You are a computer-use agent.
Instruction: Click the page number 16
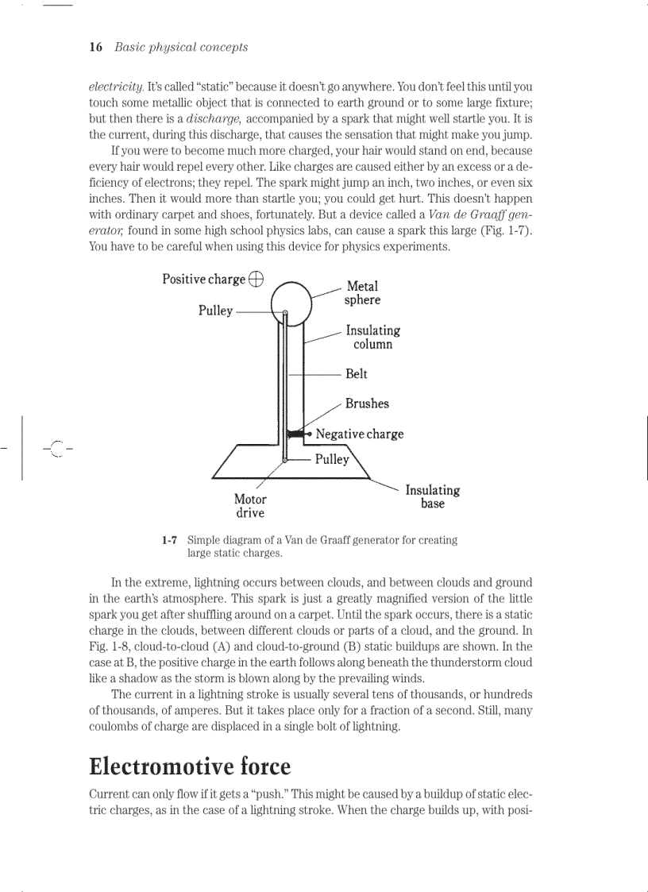click(x=95, y=48)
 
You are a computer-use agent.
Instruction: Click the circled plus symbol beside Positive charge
click(x=256, y=278)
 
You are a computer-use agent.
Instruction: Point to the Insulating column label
click(x=372, y=337)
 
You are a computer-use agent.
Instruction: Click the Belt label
click(x=357, y=374)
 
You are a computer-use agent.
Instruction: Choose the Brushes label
click(x=367, y=404)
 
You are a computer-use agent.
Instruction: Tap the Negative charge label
click(x=359, y=434)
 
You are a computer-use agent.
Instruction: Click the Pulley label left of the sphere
click(x=215, y=311)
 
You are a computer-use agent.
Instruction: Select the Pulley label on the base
click(x=332, y=459)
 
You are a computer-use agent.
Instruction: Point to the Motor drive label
click(x=250, y=506)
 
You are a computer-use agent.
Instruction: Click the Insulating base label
click(x=432, y=497)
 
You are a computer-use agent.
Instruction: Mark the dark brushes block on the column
click(x=295, y=434)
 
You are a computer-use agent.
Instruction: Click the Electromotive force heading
click(x=190, y=767)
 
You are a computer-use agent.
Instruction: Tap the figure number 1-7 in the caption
click(x=168, y=540)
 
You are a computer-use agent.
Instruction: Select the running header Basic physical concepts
click(x=181, y=48)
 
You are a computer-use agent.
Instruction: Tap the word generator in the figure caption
click(x=373, y=540)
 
